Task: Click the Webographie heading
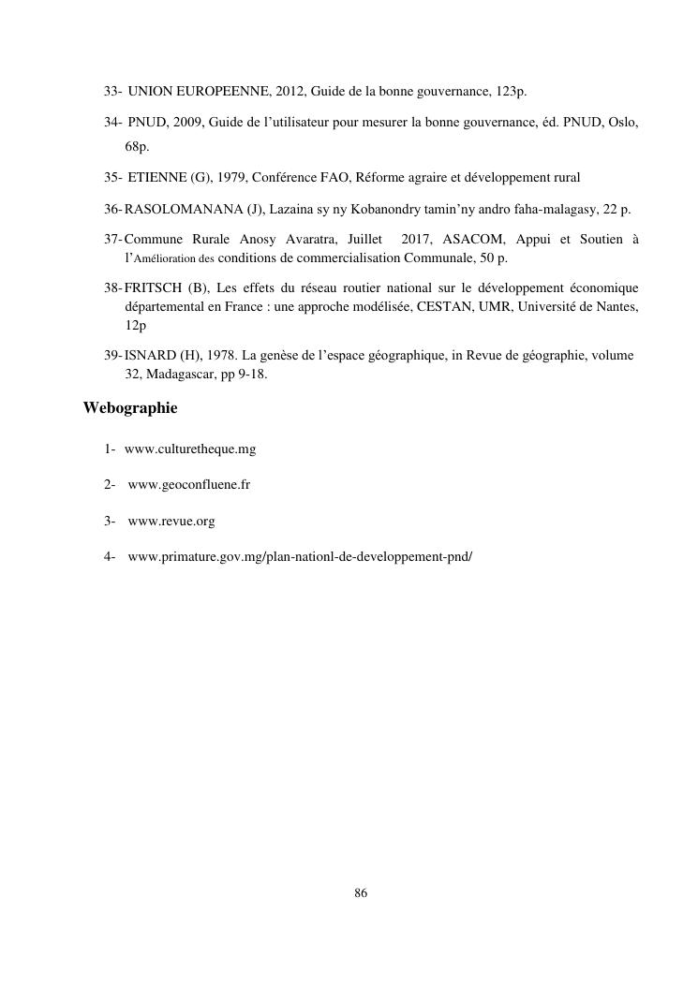129,408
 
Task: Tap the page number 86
361,893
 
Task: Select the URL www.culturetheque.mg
189,449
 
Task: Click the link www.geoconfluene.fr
188,485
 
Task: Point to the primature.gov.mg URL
300,557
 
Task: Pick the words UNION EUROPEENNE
188,91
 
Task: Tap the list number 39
111,356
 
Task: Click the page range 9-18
250,374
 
